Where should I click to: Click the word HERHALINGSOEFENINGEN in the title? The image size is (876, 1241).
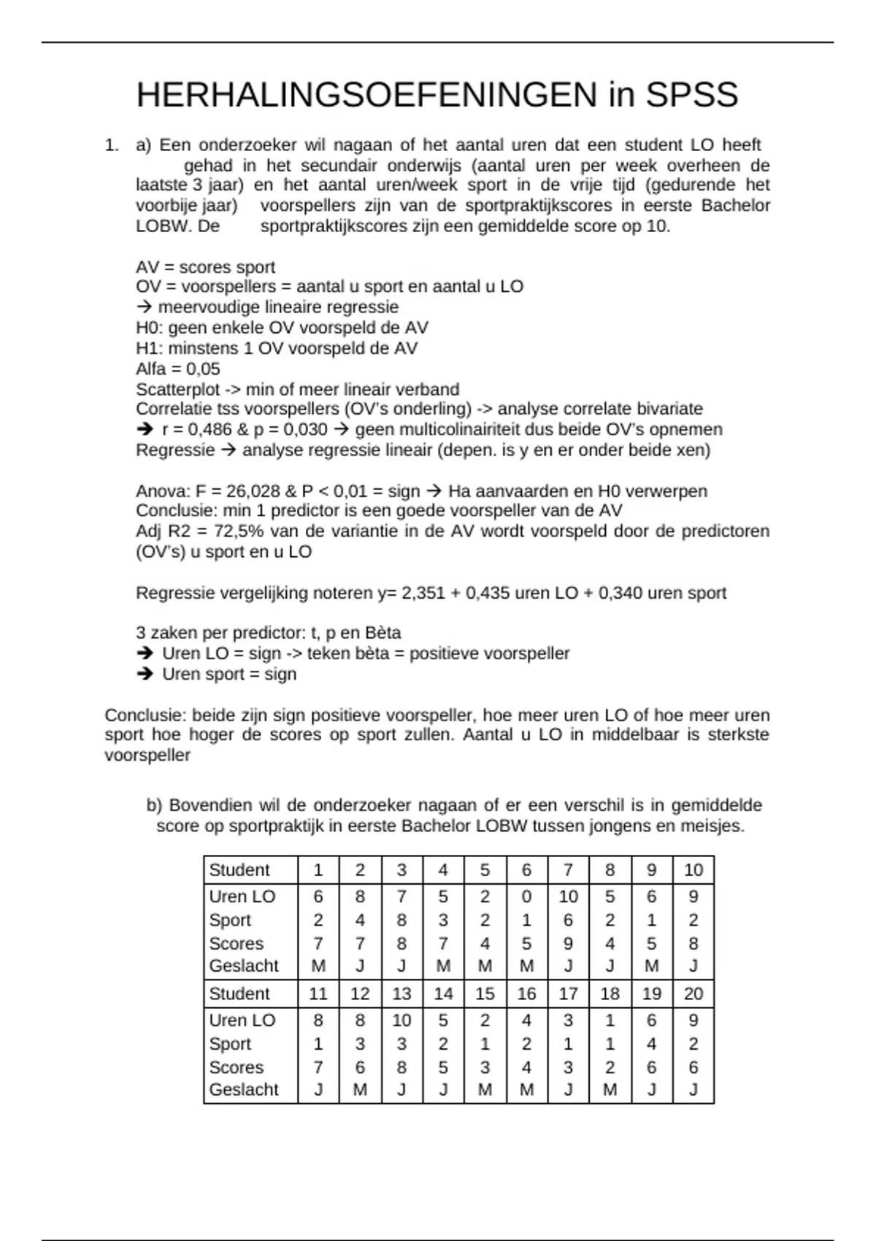[x=366, y=96]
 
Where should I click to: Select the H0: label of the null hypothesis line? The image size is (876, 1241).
[x=150, y=328]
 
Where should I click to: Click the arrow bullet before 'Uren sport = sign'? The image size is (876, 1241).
[x=145, y=674]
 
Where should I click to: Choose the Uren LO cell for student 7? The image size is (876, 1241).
[x=568, y=896]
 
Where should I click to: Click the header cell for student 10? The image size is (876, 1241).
[x=693, y=870]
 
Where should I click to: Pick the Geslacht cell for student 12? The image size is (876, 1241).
[x=360, y=1090]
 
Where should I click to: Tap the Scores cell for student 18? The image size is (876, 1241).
[x=610, y=1067]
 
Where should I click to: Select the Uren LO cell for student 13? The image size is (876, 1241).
[x=401, y=1021]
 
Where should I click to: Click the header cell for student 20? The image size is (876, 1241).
[x=693, y=994]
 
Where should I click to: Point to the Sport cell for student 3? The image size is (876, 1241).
[x=401, y=920]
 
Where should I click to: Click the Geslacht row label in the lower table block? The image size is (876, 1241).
[x=244, y=1090]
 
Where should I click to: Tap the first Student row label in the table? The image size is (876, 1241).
[x=239, y=870]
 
